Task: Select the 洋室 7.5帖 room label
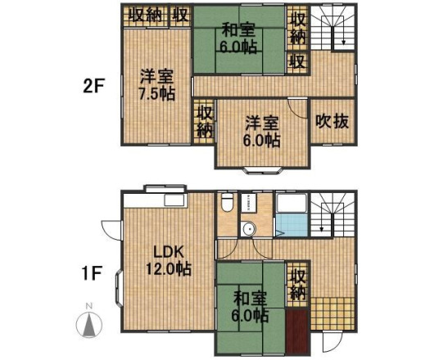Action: coord(156,85)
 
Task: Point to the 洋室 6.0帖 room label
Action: coord(262,131)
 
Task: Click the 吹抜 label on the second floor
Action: coord(332,122)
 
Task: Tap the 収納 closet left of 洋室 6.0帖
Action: coord(204,120)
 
